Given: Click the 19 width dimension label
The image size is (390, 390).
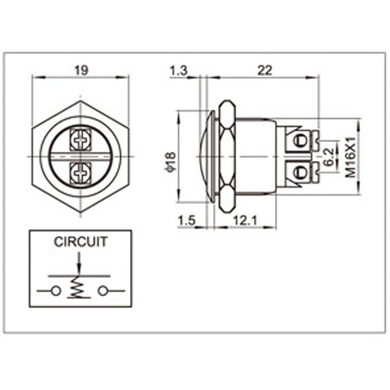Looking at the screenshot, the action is (x=81, y=70).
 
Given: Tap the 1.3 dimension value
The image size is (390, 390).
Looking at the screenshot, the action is (x=178, y=71).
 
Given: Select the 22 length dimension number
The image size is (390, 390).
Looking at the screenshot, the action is (x=265, y=71).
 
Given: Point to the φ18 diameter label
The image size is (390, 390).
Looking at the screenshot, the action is (x=170, y=162).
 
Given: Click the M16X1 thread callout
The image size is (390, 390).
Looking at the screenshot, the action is (x=351, y=157).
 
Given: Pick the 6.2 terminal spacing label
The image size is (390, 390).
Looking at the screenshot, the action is (x=328, y=156).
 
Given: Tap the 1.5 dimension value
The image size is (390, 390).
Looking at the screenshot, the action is (x=187, y=220).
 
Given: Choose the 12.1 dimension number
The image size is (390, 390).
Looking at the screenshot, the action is (x=245, y=220).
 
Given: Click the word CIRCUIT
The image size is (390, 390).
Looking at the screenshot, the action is (x=80, y=241).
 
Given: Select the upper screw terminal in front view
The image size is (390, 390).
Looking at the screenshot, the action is (x=80, y=140).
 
